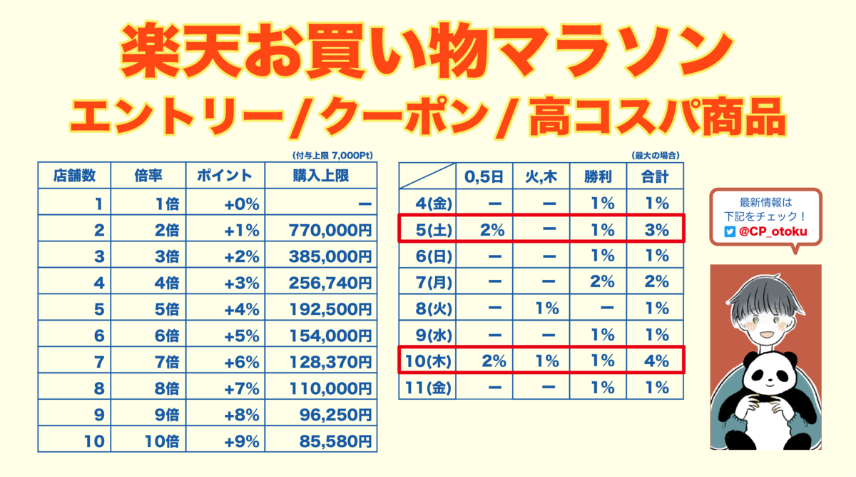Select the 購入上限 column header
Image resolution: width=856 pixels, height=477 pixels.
[320, 176]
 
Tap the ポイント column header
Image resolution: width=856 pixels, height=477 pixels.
[225, 176]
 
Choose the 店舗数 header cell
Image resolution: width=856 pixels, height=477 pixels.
[74, 176]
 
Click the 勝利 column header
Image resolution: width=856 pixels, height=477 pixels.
[598, 176]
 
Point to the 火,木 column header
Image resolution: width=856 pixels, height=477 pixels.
[541, 176]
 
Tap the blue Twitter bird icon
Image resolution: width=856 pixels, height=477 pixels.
[730, 231]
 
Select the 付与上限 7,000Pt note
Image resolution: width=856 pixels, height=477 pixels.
[332, 155]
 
